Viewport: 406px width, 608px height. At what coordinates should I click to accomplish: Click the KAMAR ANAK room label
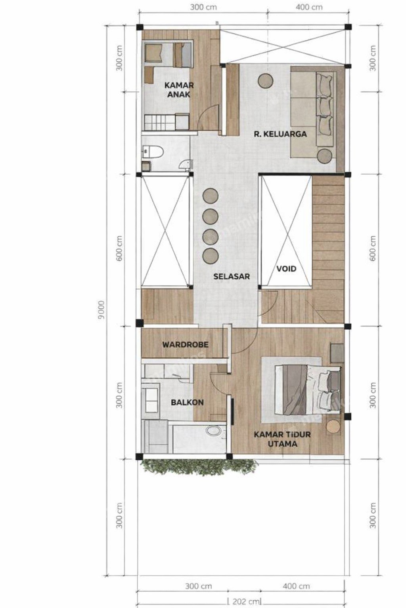click(179, 89)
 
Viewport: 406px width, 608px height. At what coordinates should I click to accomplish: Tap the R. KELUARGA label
click(280, 134)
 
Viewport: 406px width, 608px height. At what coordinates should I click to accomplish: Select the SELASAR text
click(232, 276)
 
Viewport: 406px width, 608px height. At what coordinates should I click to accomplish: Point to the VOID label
click(286, 268)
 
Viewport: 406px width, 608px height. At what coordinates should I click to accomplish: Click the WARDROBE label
click(185, 344)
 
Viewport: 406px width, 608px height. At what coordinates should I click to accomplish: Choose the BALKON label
click(187, 403)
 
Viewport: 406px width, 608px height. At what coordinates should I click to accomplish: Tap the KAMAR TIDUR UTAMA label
click(282, 439)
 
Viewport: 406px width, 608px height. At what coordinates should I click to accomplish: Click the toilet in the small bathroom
click(154, 151)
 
